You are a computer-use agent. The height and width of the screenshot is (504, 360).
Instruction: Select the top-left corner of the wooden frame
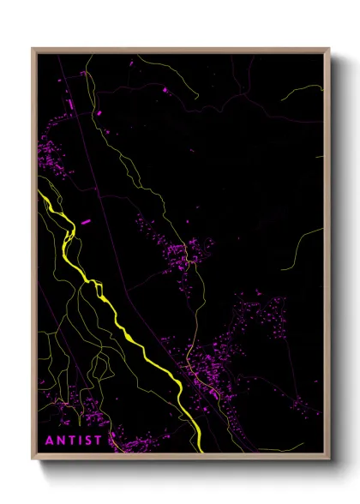tap(33, 50)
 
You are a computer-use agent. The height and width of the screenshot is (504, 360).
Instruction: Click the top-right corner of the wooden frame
tap(329, 50)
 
